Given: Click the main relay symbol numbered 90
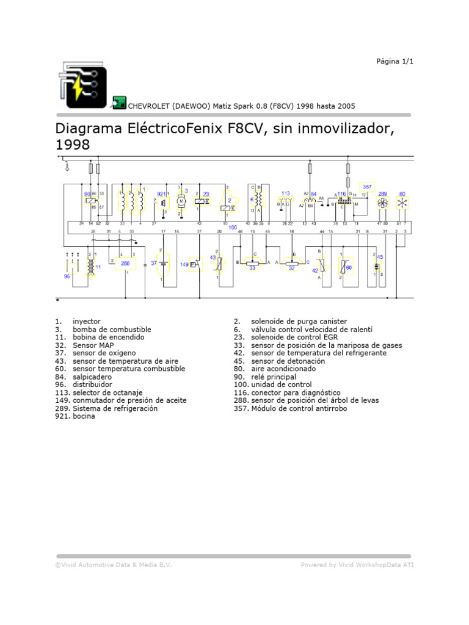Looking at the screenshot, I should click(90, 200).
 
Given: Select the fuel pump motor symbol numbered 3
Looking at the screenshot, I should click(181, 201).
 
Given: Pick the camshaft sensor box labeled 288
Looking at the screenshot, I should click(125, 263).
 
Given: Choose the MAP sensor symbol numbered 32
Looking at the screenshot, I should click(292, 267).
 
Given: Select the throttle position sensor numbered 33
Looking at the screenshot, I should click(252, 267).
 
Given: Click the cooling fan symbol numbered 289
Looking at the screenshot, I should click(383, 203).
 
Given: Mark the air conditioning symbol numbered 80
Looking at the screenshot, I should click(402, 203).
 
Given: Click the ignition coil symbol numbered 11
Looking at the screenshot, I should click(91, 267).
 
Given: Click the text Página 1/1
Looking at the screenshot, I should click(394, 62).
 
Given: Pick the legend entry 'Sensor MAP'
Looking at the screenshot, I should click(93, 345).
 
